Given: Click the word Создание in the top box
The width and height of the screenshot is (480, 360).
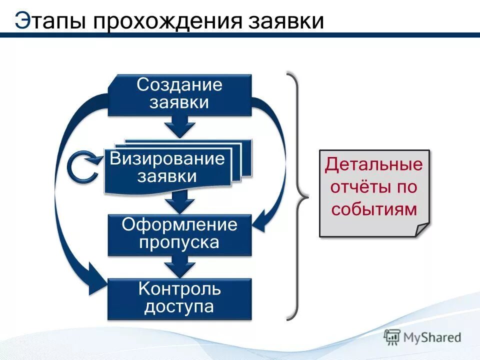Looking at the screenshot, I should (x=179, y=84).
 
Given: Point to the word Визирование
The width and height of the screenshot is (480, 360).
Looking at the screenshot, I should (x=167, y=159).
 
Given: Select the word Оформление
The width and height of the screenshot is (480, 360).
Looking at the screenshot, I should (x=179, y=224).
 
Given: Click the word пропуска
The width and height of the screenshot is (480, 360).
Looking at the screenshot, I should (x=179, y=242).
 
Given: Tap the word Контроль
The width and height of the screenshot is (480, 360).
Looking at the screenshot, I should (x=179, y=288).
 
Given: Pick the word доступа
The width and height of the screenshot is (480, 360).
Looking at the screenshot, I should (x=179, y=306).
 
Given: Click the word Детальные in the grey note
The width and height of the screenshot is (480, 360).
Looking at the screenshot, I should (x=373, y=165).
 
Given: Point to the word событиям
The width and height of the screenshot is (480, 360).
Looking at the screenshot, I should (x=373, y=209).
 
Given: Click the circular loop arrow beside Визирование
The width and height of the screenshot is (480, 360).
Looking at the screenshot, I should (x=83, y=167).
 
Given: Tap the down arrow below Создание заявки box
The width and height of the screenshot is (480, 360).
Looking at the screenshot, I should (x=179, y=126).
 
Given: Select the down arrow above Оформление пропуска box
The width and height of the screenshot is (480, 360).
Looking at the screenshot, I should (x=179, y=203).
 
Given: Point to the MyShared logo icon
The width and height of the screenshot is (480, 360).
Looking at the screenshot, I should (x=392, y=337).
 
